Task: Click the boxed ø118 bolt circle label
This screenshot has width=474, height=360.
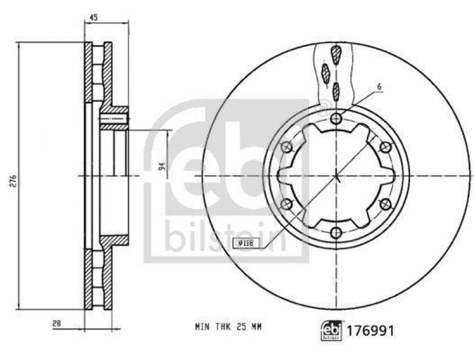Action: click(x=242, y=242)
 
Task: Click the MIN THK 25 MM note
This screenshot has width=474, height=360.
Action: click(x=228, y=326)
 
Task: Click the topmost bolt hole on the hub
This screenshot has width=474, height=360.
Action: click(x=336, y=119)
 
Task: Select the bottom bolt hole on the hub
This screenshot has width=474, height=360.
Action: click(x=336, y=232)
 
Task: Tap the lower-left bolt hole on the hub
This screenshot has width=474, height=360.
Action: click(x=287, y=204)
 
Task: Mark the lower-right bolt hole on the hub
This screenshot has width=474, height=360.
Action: click(x=385, y=204)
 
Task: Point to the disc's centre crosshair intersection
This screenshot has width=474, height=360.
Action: click(x=336, y=176)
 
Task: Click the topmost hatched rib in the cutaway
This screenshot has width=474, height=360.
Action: click(x=337, y=54)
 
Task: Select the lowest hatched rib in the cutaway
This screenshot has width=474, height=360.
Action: click(x=336, y=91)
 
